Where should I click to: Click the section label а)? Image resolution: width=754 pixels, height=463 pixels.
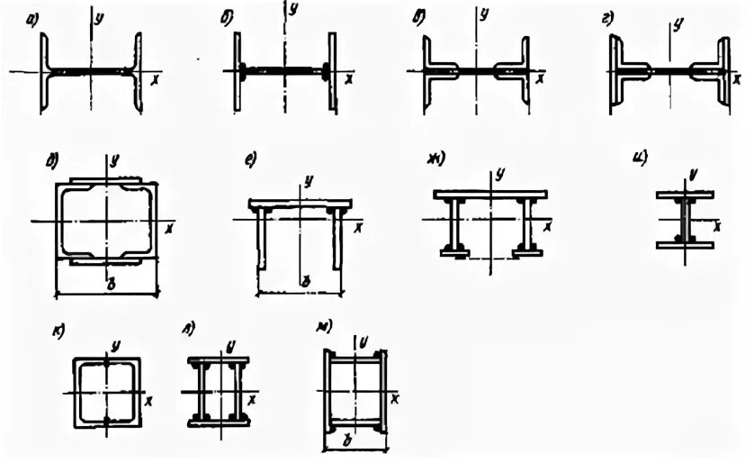point(32,16)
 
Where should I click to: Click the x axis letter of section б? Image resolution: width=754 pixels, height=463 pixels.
point(347,79)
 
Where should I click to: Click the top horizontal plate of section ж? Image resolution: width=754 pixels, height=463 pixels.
point(490,194)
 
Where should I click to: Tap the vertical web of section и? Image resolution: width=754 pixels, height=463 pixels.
point(685,219)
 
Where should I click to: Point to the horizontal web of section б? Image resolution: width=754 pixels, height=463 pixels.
point(285,69)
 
